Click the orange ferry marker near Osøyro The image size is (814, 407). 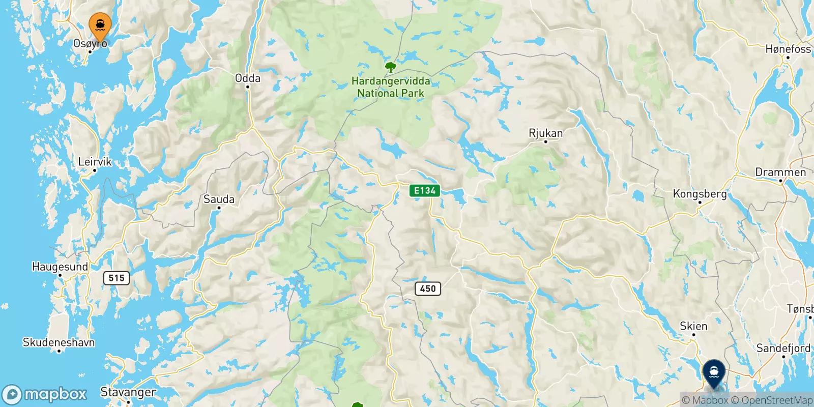point(100,25)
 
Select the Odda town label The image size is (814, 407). point(248,78)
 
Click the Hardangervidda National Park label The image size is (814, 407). point(391,87)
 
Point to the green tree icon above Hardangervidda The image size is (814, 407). point(391,67)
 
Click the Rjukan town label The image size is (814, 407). point(546,133)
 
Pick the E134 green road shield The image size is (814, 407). point(425,191)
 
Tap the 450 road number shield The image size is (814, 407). point(428,288)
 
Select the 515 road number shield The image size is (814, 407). point(117,278)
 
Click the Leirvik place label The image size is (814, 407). point(95,162)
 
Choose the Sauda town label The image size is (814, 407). point(219,199)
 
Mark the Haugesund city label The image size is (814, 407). point(60,267)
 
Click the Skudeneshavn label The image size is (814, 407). point(59,342)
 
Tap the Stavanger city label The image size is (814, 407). point(128,392)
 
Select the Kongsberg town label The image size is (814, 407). point(700,194)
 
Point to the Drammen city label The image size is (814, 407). point(780,172)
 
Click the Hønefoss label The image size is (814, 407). point(788,49)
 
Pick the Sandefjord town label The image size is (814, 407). point(783,348)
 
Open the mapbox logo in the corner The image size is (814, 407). point(46,394)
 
